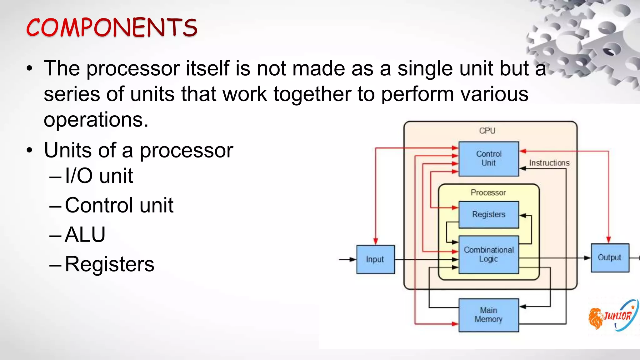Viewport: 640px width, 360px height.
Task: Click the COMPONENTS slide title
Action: [112, 27]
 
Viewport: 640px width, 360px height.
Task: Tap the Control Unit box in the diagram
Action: [488, 159]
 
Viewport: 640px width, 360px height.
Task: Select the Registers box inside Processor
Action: [488, 215]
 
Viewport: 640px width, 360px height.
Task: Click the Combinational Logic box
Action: [488, 254]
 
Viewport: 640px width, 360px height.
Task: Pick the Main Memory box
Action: [488, 315]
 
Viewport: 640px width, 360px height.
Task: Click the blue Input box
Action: [375, 259]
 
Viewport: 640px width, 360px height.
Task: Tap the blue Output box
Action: [610, 258]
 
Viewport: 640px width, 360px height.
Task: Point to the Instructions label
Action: [549, 163]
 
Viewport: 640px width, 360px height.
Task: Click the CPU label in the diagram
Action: [487, 131]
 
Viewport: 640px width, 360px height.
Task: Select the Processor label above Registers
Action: [488, 192]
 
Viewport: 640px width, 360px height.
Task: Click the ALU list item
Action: [85, 234]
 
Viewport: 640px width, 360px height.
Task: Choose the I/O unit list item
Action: [99, 176]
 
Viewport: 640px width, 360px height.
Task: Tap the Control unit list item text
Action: [119, 205]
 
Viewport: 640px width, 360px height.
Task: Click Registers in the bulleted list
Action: [109, 264]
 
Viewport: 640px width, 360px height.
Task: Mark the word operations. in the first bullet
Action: [96, 120]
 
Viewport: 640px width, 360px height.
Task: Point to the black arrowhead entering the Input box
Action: [353, 259]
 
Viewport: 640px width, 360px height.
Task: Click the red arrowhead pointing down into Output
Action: [608, 240]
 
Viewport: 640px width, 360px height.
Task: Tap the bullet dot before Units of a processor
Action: [29, 150]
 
